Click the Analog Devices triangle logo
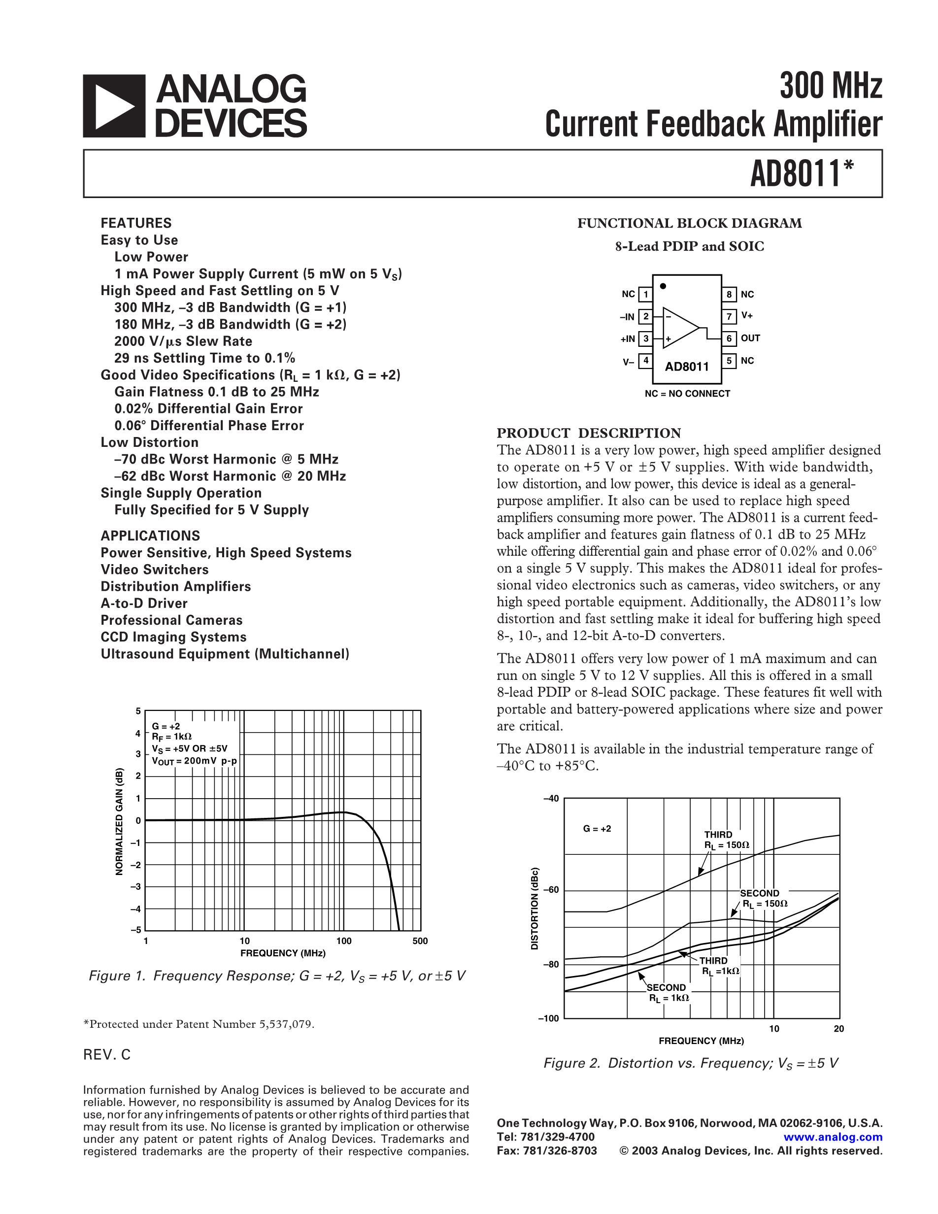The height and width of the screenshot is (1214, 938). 114,106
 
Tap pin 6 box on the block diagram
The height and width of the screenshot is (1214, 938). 729,338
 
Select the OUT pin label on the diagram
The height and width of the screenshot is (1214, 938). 750,338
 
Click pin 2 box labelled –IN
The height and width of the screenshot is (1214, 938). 645,317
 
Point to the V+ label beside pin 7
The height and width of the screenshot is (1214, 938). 747,316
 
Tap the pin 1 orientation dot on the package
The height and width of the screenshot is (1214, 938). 663,286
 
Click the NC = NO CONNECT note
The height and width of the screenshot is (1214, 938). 687,394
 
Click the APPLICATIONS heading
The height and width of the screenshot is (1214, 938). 150,536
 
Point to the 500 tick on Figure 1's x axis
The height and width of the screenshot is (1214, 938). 420,941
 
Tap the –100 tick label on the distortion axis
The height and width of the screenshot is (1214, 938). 548,1018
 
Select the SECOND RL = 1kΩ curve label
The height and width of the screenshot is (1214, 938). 668,993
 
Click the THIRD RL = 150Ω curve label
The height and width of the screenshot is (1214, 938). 726,840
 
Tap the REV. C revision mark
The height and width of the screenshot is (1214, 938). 107,1055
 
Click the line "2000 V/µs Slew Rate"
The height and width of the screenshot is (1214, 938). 183,341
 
